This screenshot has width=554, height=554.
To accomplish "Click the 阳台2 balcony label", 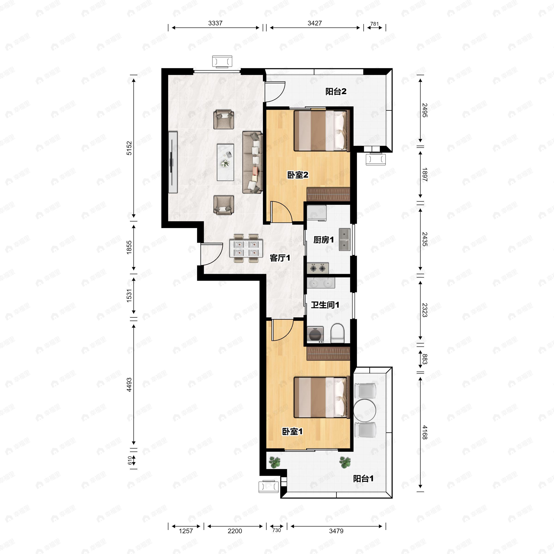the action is [336, 91].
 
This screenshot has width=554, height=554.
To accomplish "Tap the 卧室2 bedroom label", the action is [298, 175].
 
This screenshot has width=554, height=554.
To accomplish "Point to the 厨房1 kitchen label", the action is [324, 240].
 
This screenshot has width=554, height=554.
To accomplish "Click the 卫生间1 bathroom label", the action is [325, 305].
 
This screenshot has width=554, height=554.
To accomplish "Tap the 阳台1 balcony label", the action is [363, 479].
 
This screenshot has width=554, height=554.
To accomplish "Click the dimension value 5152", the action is [129, 148].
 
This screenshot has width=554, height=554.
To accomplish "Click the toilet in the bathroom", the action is [337, 334].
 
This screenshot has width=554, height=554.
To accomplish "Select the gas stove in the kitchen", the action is [318, 268].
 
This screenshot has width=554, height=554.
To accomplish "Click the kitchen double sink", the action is [344, 240].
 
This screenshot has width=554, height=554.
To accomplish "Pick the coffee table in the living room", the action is [225, 162].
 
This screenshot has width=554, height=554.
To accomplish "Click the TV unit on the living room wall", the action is [173, 162].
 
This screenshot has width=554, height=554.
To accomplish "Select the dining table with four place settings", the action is [246, 248].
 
